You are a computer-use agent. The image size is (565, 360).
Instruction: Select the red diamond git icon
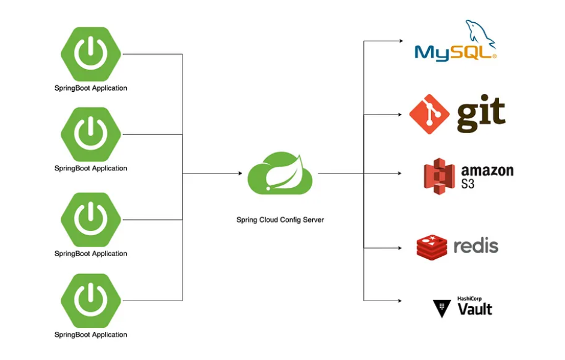click(429, 114)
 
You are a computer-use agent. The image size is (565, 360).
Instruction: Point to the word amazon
click(487, 170)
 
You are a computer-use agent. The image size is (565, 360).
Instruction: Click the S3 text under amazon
click(468, 184)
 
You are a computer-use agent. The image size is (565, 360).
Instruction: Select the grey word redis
click(476, 246)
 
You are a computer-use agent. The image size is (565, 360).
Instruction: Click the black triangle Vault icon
click(442, 308)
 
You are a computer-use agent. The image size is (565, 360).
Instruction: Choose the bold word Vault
click(474, 310)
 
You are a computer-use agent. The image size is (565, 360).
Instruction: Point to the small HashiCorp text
click(470, 298)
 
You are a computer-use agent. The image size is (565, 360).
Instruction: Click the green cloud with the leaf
click(280, 174)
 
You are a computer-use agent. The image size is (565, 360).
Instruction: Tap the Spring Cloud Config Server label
click(280, 220)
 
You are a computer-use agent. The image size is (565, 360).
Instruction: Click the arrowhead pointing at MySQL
click(400, 41)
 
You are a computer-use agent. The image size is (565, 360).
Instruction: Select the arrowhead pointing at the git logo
click(400, 113)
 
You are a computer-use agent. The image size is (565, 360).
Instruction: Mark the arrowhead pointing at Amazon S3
click(400, 173)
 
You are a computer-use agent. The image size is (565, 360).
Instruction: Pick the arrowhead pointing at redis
click(400, 247)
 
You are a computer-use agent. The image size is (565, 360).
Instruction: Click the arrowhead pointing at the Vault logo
click(400, 301)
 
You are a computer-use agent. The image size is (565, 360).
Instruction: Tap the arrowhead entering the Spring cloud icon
click(239, 173)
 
